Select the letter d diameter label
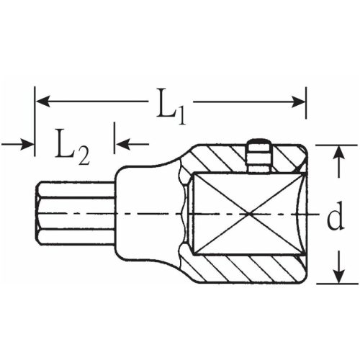[x=334, y=218]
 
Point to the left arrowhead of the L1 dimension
[x=40, y=100]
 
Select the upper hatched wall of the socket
[x=216, y=158]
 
